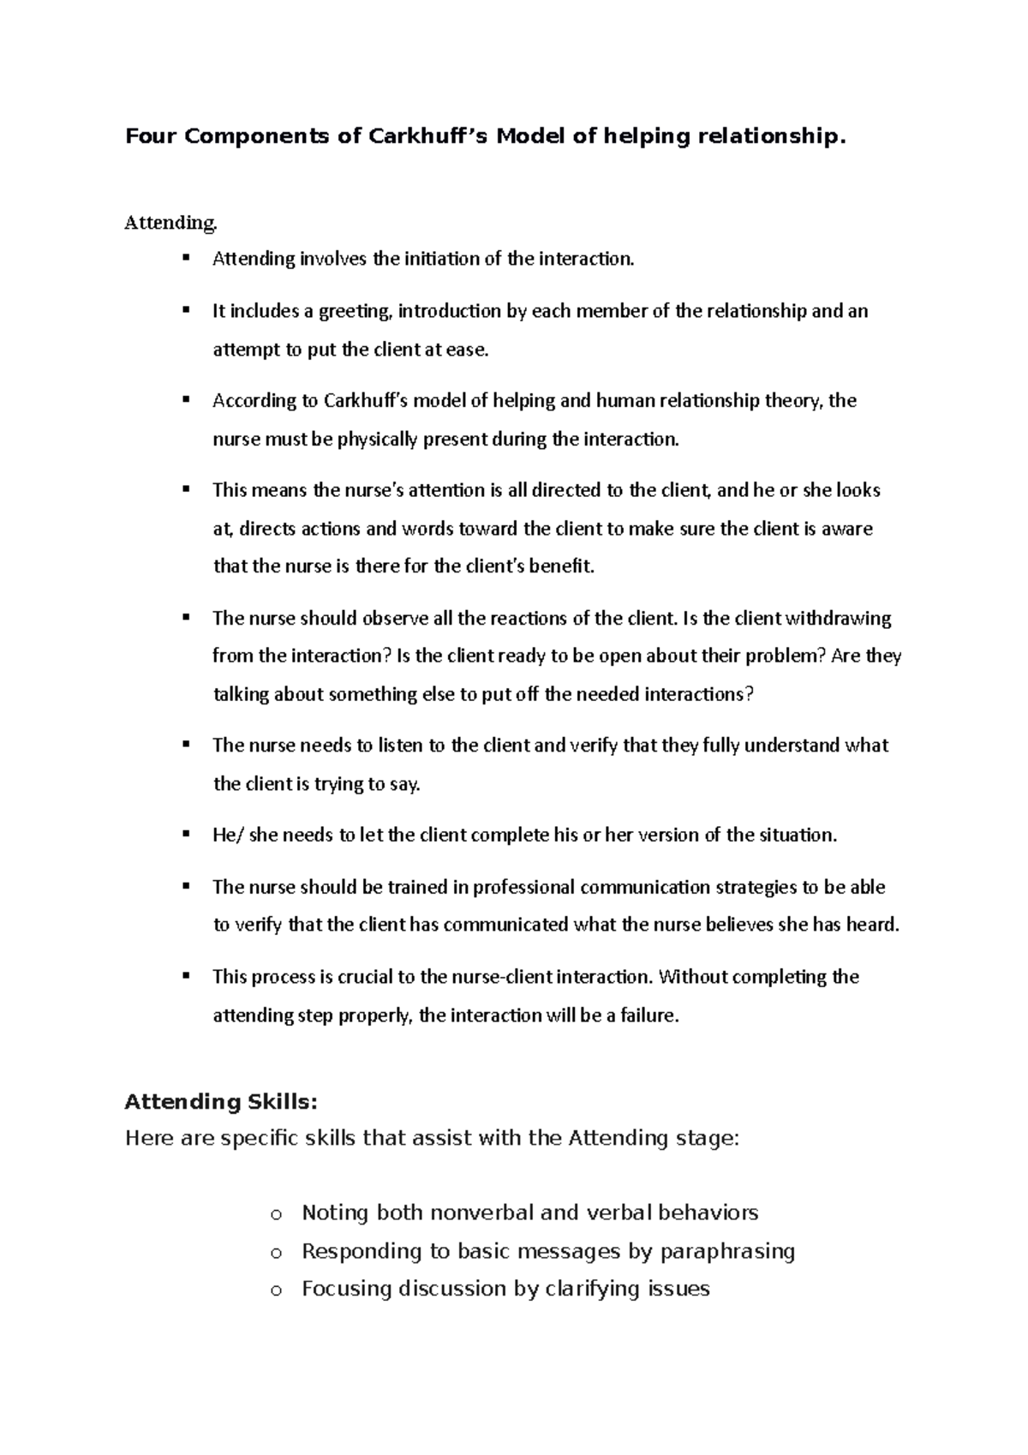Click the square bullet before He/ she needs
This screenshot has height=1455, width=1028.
[185, 834]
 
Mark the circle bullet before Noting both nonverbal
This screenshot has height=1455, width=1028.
[275, 1214]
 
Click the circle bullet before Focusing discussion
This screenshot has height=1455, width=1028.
[275, 1290]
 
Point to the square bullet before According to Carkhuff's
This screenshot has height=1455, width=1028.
[185, 399]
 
